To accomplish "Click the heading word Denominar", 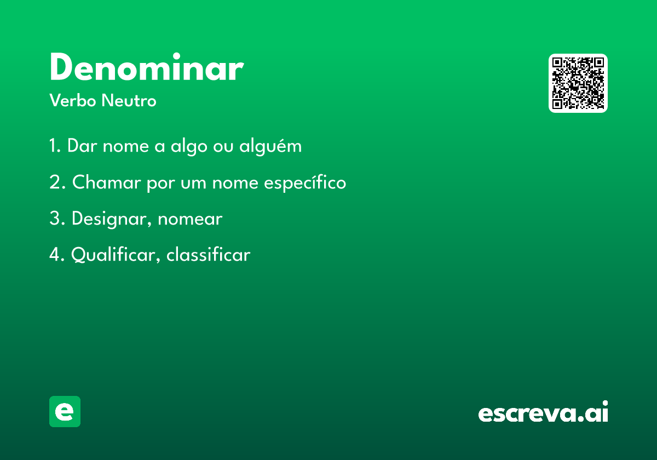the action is (x=147, y=67).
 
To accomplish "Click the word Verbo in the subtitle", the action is (x=73, y=100).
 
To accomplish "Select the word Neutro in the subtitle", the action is (x=129, y=100).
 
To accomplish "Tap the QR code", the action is (x=578, y=83).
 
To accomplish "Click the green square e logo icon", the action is (x=65, y=411).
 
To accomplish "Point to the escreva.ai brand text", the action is (x=543, y=411).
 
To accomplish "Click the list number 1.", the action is (x=55, y=146).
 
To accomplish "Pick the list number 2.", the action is (x=57, y=182).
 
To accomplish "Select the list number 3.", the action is (x=57, y=219).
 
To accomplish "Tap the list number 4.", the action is (x=57, y=255).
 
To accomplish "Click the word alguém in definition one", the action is (x=270, y=146).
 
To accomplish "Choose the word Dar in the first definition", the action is (x=82, y=146).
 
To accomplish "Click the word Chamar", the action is (x=106, y=182).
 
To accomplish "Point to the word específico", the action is (x=305, y=183).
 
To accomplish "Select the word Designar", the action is (x=112, y=219).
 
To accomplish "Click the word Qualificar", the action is (x=116, y=255).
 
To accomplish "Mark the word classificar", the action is (x=209, y=254).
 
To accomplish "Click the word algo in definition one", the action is (x=189, y=146).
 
